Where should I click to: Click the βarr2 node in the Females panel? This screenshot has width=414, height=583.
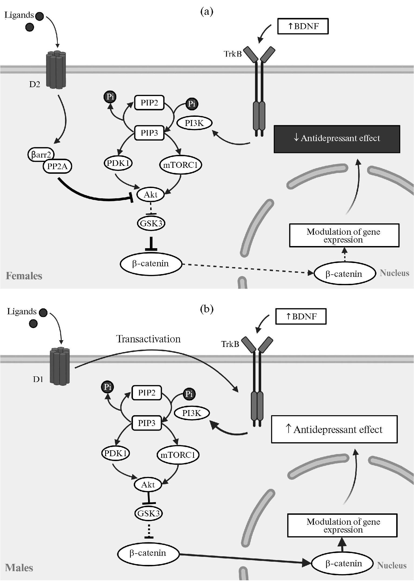(x=41, y=155)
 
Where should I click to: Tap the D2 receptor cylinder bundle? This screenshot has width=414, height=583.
(x=56, y=70)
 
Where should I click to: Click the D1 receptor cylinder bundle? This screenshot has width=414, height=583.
(x=60, y=366)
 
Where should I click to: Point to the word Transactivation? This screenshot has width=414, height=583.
(x=148, y=339)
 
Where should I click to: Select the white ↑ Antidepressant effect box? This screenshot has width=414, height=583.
(x=334, y=429)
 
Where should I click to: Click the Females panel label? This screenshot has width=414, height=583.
(x=24, y=276)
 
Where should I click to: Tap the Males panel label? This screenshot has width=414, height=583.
(x=19, y=568)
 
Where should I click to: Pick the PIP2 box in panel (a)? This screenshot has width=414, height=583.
(x=149, y=103)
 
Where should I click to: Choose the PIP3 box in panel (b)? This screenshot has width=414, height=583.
(x=146, y=423)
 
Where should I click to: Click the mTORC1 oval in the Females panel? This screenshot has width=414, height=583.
(x=180, y=165)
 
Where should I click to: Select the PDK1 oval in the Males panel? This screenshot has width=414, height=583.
(x=115, y=453)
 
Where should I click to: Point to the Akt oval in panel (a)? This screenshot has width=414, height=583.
(x=150, y=194)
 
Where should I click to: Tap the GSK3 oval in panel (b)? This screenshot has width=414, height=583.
(x=148, y=513)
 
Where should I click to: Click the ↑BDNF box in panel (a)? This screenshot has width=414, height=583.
(x=303, y=26)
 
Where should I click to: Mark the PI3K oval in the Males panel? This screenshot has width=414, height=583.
(x=191, y=413)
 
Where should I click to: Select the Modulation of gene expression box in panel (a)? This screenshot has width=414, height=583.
(x=344, y=235)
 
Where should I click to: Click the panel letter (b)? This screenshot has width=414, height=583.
(x=207, y=309)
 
